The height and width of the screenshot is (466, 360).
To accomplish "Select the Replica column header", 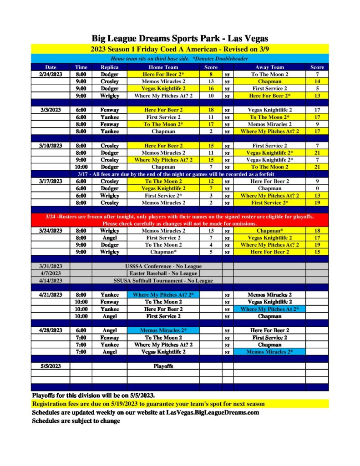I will click(x=109, y=67).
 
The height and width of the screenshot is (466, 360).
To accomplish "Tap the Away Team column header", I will click(x=269, y=67).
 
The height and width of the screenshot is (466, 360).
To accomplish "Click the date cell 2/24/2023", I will click(x=50, y=74).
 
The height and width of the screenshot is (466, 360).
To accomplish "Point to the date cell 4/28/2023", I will click(x=50, y=330).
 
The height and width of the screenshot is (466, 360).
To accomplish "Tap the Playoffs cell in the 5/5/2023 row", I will click(x=163, y=366).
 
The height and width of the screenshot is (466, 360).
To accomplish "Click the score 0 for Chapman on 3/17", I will click(x=317, y=188).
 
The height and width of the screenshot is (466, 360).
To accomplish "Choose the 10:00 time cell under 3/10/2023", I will click(x=81, y=167).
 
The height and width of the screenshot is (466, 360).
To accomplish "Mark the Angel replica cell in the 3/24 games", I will click(x=109, y=238).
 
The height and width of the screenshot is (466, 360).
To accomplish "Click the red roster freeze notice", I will click(x=179, y=220).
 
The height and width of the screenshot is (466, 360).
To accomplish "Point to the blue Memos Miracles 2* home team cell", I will click(x=163, y=330).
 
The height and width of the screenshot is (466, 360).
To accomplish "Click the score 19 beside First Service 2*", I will click(x=317, y=203).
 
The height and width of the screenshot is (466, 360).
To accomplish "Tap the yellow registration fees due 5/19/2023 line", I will click(x=148, y=404).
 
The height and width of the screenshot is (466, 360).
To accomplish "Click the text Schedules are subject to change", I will click(x=76, y=421).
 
